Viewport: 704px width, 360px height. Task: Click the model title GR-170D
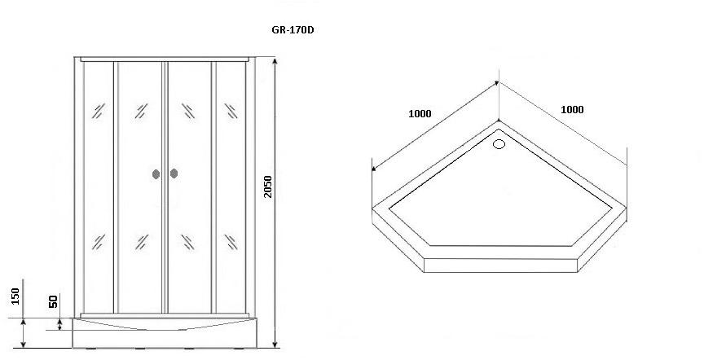click(x=293, y=30)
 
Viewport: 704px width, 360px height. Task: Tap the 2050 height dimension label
click(x=267, y=187)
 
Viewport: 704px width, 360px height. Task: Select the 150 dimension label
click(x=15, y=296)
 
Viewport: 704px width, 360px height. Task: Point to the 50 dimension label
click(x=54, y=301)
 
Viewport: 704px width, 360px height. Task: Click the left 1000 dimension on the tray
click(x=420, y=113)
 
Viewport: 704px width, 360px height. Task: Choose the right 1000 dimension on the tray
click(x=573, y=109)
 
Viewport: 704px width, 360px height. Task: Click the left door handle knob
click(x=156, y=173)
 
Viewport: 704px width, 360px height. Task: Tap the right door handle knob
click(x=174, y=173)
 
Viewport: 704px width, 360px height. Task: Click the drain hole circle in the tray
click(x=499, y=143)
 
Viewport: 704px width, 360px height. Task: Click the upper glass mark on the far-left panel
click(x=99, y=111)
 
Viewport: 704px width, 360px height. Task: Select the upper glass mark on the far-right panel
click(x=231, y=111)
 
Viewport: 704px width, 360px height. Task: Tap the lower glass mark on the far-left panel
click(x=99, y=242)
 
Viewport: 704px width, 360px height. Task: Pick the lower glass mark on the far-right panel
click(x=231, y=242)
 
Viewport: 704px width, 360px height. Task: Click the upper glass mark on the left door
click(x=142, y=111)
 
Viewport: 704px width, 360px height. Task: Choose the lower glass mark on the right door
click(x=188, y=242)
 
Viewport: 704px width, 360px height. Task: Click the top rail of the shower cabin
click(x=165, y=59)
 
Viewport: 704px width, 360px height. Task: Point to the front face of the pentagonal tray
click(x=500, y=266)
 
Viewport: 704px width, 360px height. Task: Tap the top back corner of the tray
click(x=499, y=121)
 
